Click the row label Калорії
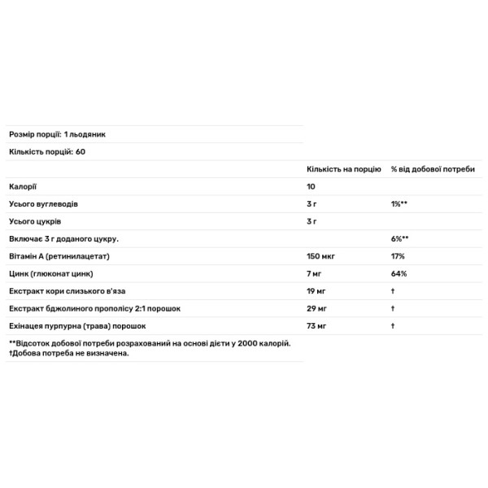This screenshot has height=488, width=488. (23, 186)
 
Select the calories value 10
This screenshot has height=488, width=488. (312, 186)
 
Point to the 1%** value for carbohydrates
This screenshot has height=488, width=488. (399, 203)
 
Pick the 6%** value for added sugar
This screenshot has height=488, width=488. (399, 238)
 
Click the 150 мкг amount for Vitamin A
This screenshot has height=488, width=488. (321, 256)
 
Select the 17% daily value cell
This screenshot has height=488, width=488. (398, 256)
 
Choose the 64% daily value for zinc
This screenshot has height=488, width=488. (399, 273)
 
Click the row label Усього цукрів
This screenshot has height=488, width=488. (35, 221)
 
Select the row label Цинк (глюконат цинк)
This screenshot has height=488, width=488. (50, 273)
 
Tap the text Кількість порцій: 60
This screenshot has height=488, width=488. (46, 151)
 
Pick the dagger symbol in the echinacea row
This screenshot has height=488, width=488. (393, 326)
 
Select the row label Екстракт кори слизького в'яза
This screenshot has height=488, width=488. (67, 291)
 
